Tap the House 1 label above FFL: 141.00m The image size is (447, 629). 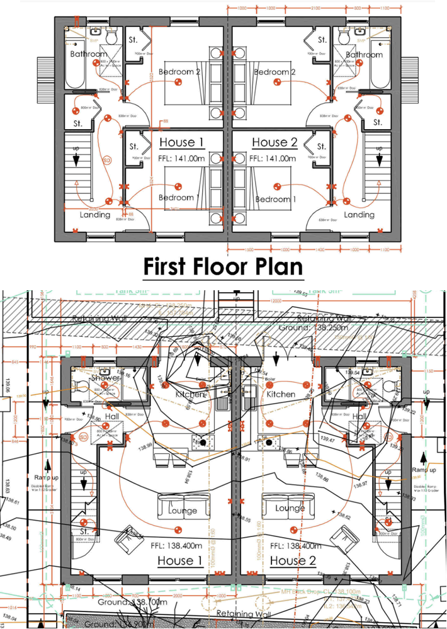click(181, 142)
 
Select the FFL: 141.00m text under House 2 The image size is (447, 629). click(273, 159)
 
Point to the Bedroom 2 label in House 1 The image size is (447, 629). click(179, 72)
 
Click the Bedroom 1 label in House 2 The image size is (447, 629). click(276, 199)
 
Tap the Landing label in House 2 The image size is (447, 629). click(359, 215)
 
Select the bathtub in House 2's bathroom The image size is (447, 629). click(380, 69)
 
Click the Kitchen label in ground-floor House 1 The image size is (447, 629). click(190, 394)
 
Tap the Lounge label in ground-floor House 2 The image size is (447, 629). click(290, 508)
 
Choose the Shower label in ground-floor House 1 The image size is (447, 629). click(106, 378)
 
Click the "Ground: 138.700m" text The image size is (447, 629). click(133, 603)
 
